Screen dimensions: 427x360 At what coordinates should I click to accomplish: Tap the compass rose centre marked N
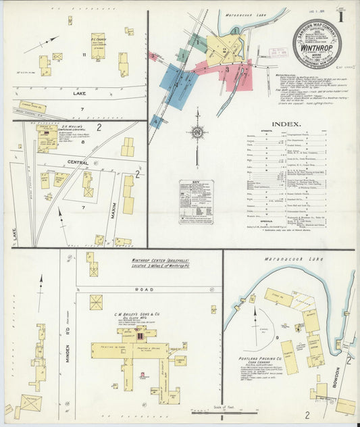(197, 132)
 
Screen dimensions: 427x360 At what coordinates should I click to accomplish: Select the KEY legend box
(196, 201)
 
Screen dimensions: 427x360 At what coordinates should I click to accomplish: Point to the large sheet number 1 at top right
(343, 16)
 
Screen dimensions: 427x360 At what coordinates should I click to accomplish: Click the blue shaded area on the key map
(179, 86)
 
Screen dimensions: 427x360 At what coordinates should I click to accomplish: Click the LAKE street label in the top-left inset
(79, 94)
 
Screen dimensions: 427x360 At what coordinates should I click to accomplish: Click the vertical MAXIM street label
(114, 214)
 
